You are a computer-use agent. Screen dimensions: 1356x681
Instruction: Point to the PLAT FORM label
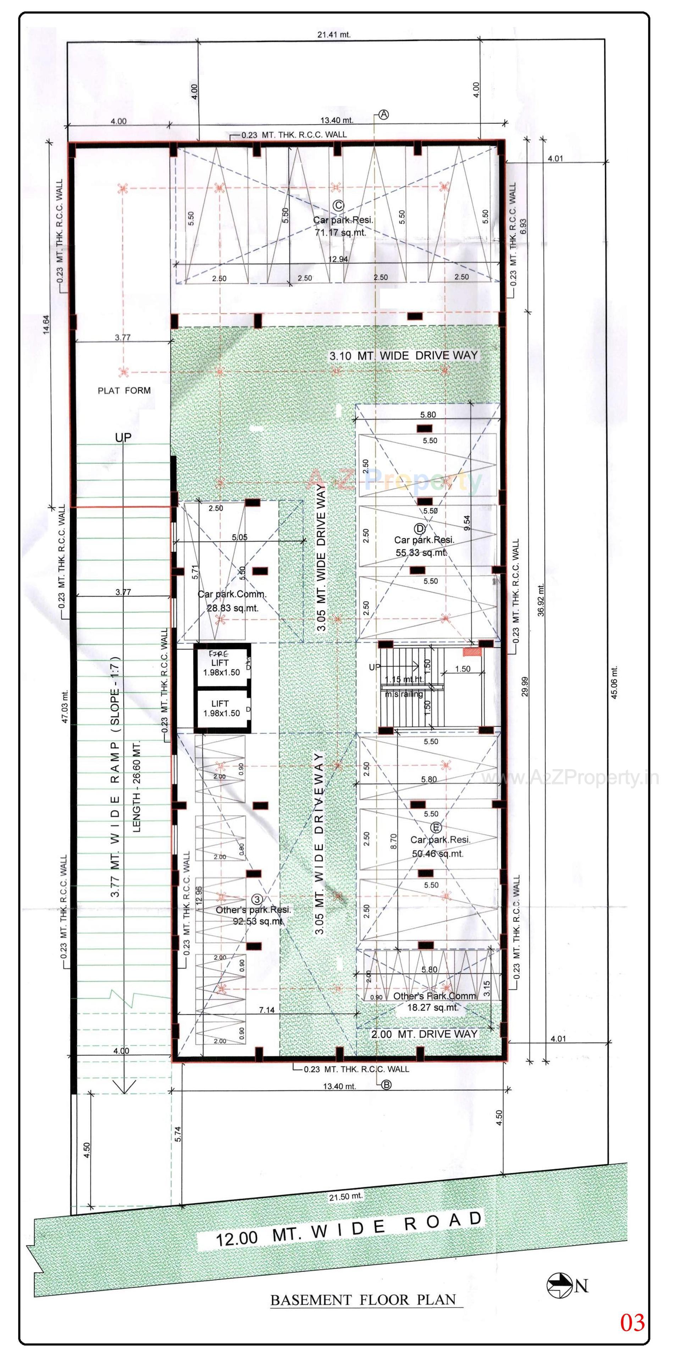point(124,391)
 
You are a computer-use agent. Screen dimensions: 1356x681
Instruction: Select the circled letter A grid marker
point(384,114)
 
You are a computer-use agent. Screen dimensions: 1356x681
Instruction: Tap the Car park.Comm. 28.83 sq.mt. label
point(232,601)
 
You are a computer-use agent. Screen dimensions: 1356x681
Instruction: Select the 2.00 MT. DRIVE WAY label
point(424,1034)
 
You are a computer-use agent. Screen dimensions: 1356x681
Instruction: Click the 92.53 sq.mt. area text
point(258,921)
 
